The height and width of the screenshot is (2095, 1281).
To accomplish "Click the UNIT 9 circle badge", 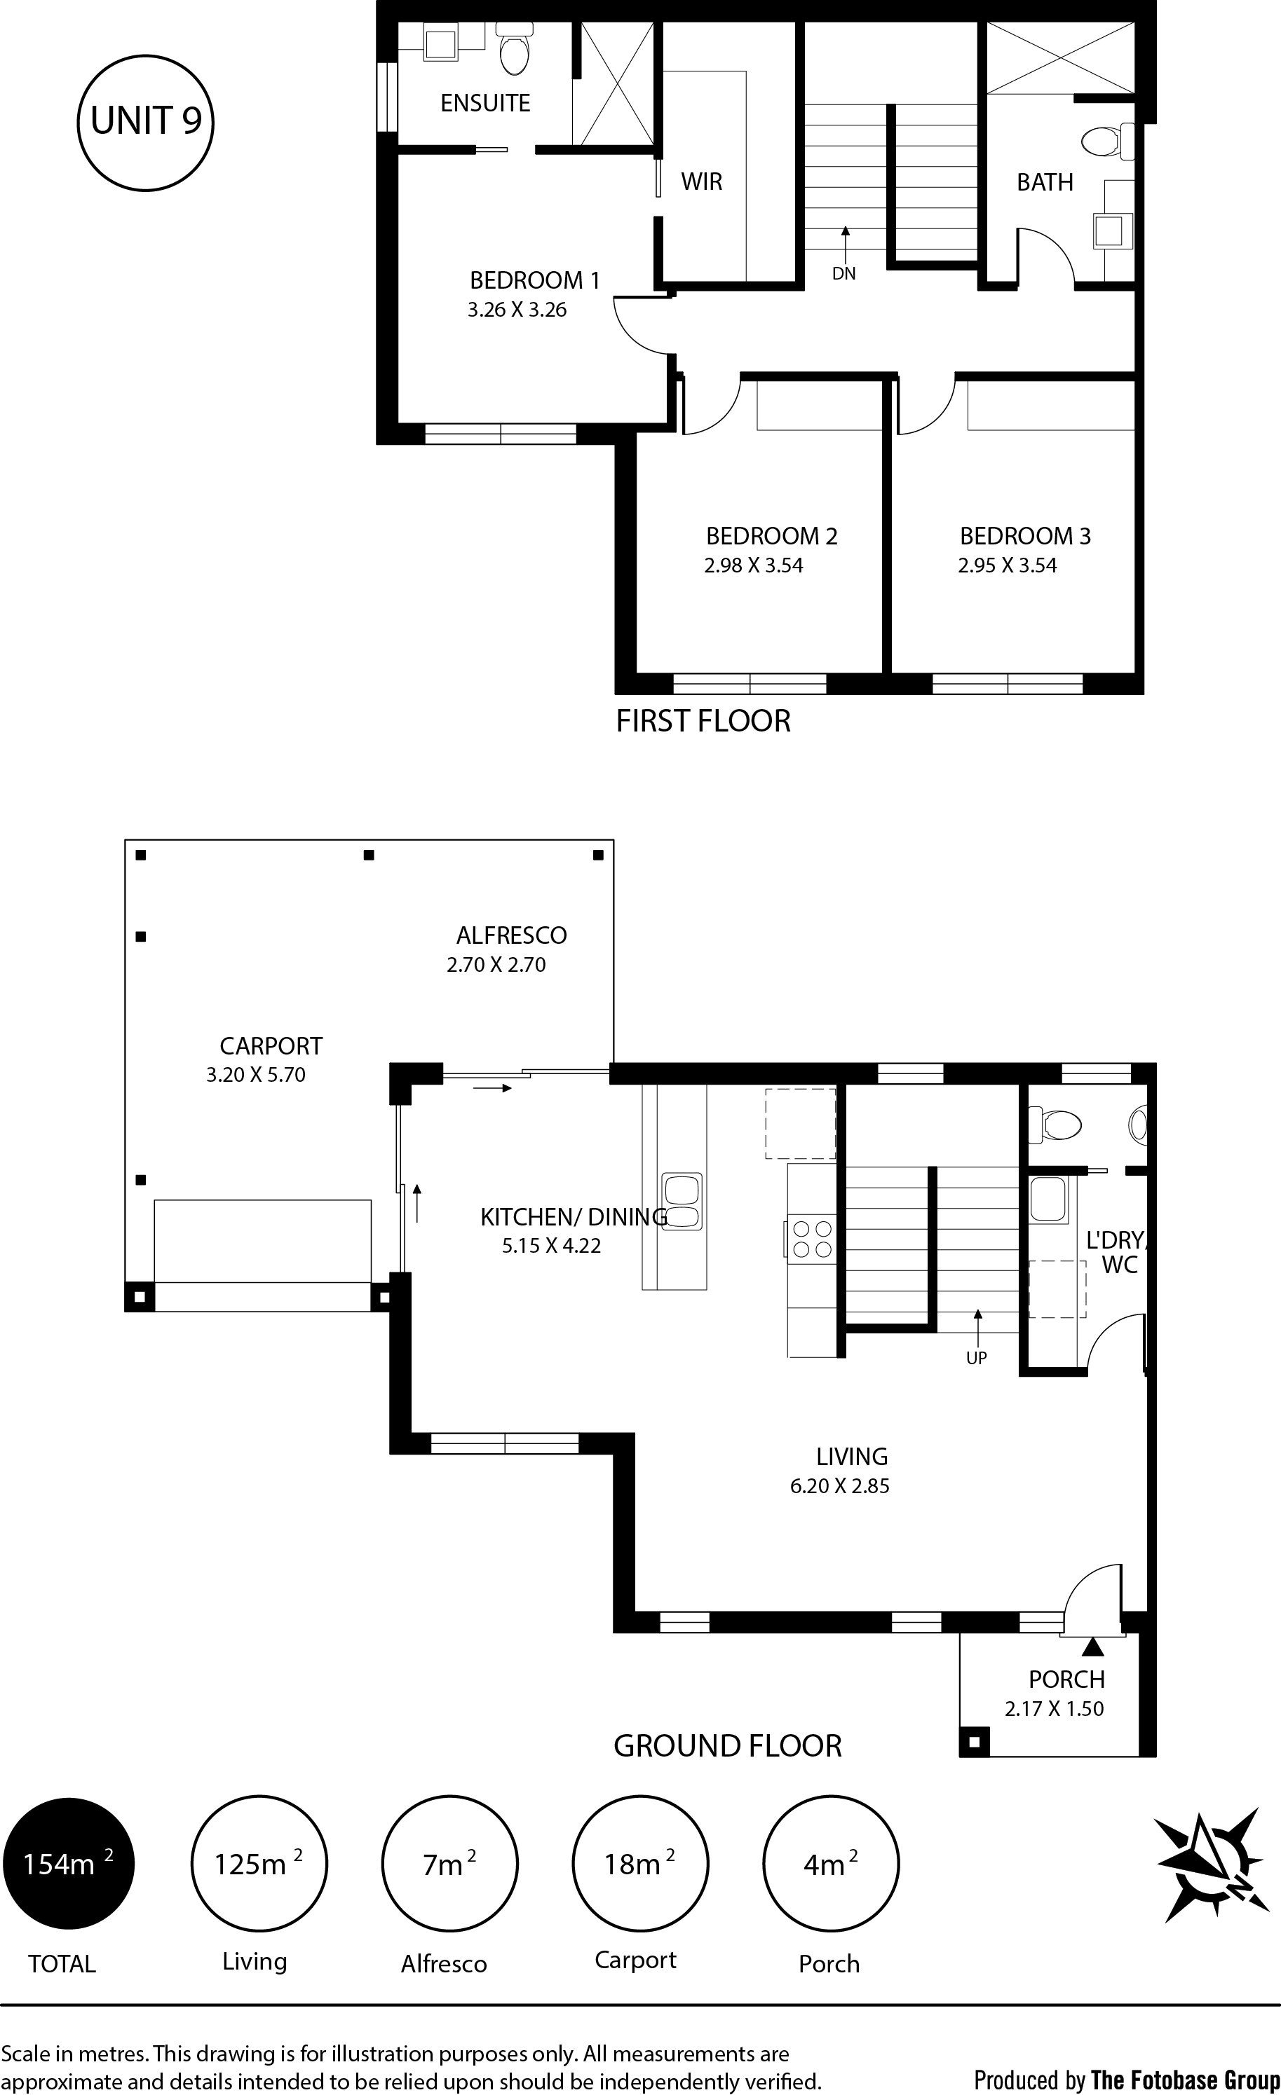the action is pyautogui.click(x=145, y=123).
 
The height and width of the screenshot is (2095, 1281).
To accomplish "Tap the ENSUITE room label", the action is pyautogui.click(x=484, y=103).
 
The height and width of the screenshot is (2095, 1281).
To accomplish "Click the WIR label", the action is pyautogui.click(x=702, y=181).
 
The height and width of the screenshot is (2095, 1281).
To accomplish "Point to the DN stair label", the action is pyautogui.click(x=843, y=274).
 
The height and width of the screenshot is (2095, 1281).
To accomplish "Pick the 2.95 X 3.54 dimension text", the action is pyautogui.click(x=1007, y=565).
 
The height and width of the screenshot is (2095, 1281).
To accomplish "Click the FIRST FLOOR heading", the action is pyautogui.click(x=703, y=721).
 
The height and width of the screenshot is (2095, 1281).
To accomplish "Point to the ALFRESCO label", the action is pyautogui.click(x=511, y=935).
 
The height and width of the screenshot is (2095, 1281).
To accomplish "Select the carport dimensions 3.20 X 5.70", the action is pyautogui.click(x=255, y=1075).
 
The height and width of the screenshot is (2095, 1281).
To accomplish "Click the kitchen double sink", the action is pyautogui.click(x=682, y=1202).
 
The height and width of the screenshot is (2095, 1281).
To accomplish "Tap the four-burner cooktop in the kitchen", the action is pyautogui.click(x=811, y=1238).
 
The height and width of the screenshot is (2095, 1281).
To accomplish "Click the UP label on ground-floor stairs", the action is pyautogui.click(x=977, y=1358).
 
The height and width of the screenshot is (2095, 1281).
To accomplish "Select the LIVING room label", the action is pyautogui.click(x=851, y=1457).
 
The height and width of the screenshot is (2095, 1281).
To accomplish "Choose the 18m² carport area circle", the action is pyautogui.click(x=639, y=1864).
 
